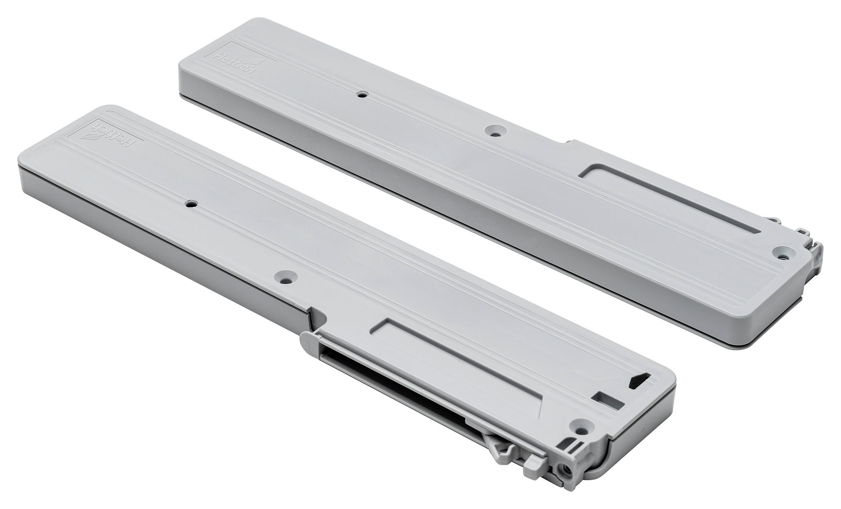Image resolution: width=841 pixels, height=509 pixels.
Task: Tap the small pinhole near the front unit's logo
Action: click(x=189, y=204)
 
